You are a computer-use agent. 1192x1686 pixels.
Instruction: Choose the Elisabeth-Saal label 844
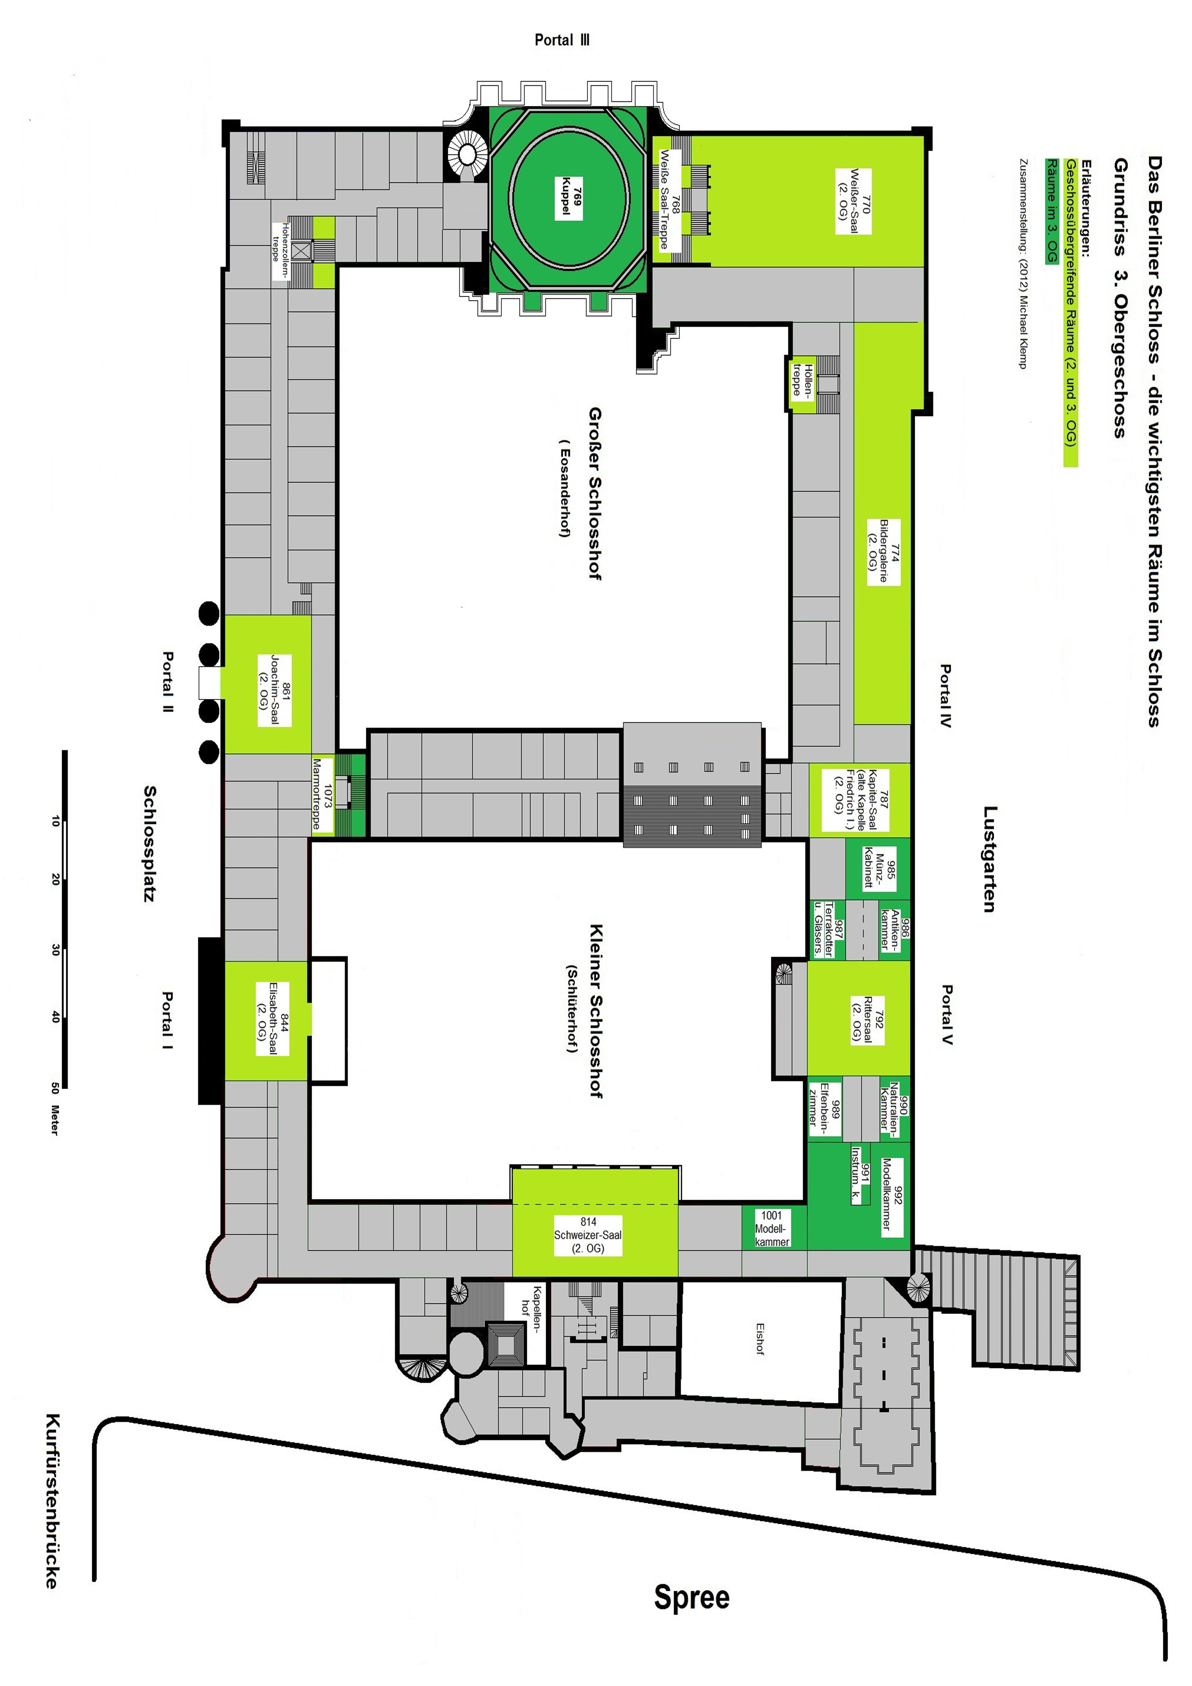[272, 1019]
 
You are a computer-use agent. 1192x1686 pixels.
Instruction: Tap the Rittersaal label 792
[867, 1019]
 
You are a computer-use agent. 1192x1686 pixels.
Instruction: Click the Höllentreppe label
[802, 380]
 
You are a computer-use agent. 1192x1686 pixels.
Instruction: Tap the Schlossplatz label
[149, 844]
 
